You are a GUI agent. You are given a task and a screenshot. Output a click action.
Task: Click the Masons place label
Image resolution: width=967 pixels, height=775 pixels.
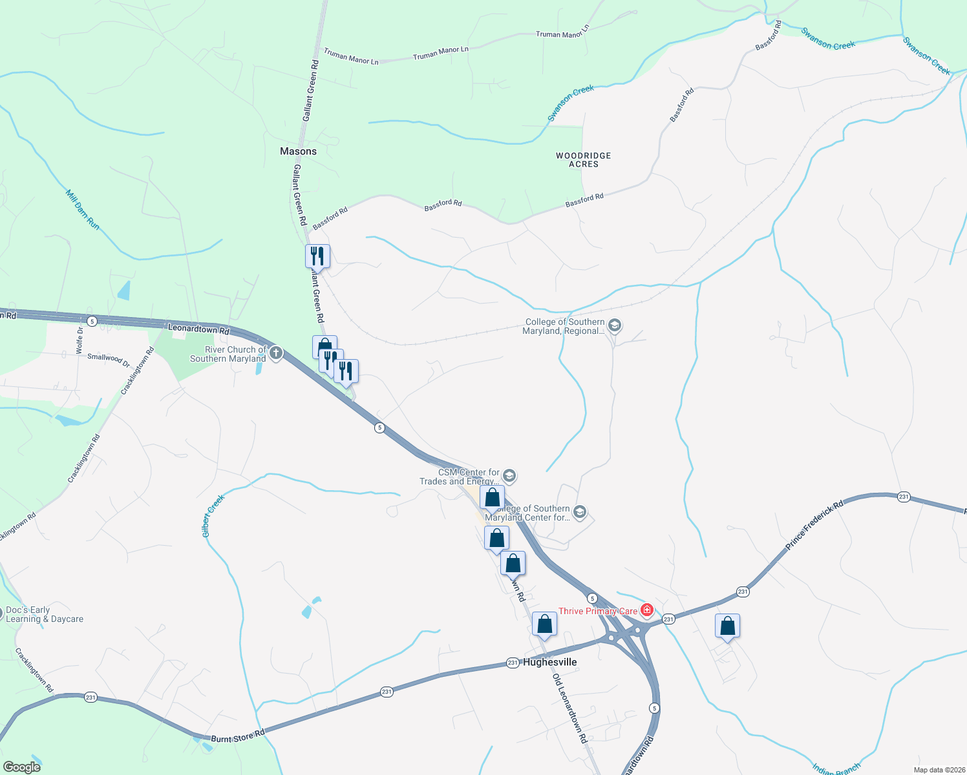298,151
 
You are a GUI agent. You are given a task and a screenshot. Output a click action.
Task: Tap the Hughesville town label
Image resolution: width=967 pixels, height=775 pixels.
549,662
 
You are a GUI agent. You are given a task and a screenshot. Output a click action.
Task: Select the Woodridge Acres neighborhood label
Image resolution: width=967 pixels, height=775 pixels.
583,160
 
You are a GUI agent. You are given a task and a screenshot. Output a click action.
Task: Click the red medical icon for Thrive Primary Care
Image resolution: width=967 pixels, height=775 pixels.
646,610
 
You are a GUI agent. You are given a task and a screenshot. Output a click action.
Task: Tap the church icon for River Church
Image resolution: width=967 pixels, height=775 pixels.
276,353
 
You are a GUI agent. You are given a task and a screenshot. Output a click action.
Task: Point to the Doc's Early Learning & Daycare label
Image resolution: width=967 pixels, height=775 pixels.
45,614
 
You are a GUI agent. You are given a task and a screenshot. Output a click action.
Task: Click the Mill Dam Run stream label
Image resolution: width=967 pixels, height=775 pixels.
83,209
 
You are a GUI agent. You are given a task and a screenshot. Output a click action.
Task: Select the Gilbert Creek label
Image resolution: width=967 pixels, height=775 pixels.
213,516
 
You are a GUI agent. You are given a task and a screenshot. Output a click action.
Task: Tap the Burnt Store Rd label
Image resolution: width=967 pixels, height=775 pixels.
238,736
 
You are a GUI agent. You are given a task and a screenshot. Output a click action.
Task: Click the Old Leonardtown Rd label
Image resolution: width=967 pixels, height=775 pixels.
569,708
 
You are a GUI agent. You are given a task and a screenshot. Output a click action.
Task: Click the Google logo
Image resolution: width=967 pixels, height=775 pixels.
21,767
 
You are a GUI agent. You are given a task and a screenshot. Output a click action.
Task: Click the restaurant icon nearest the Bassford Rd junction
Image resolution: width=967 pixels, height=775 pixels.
317,255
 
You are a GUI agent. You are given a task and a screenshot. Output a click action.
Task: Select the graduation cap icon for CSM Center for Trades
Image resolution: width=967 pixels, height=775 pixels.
509,477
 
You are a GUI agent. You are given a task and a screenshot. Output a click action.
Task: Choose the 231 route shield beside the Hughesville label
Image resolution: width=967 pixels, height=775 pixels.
512,663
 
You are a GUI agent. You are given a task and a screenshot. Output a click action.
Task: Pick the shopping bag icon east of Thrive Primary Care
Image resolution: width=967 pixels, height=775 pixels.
727,626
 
